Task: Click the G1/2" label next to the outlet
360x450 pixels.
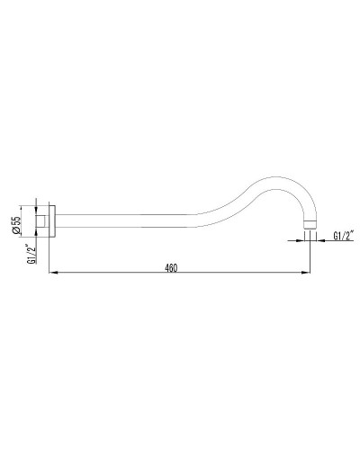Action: (343, 236)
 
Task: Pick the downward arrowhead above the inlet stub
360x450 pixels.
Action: (37, 208)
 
